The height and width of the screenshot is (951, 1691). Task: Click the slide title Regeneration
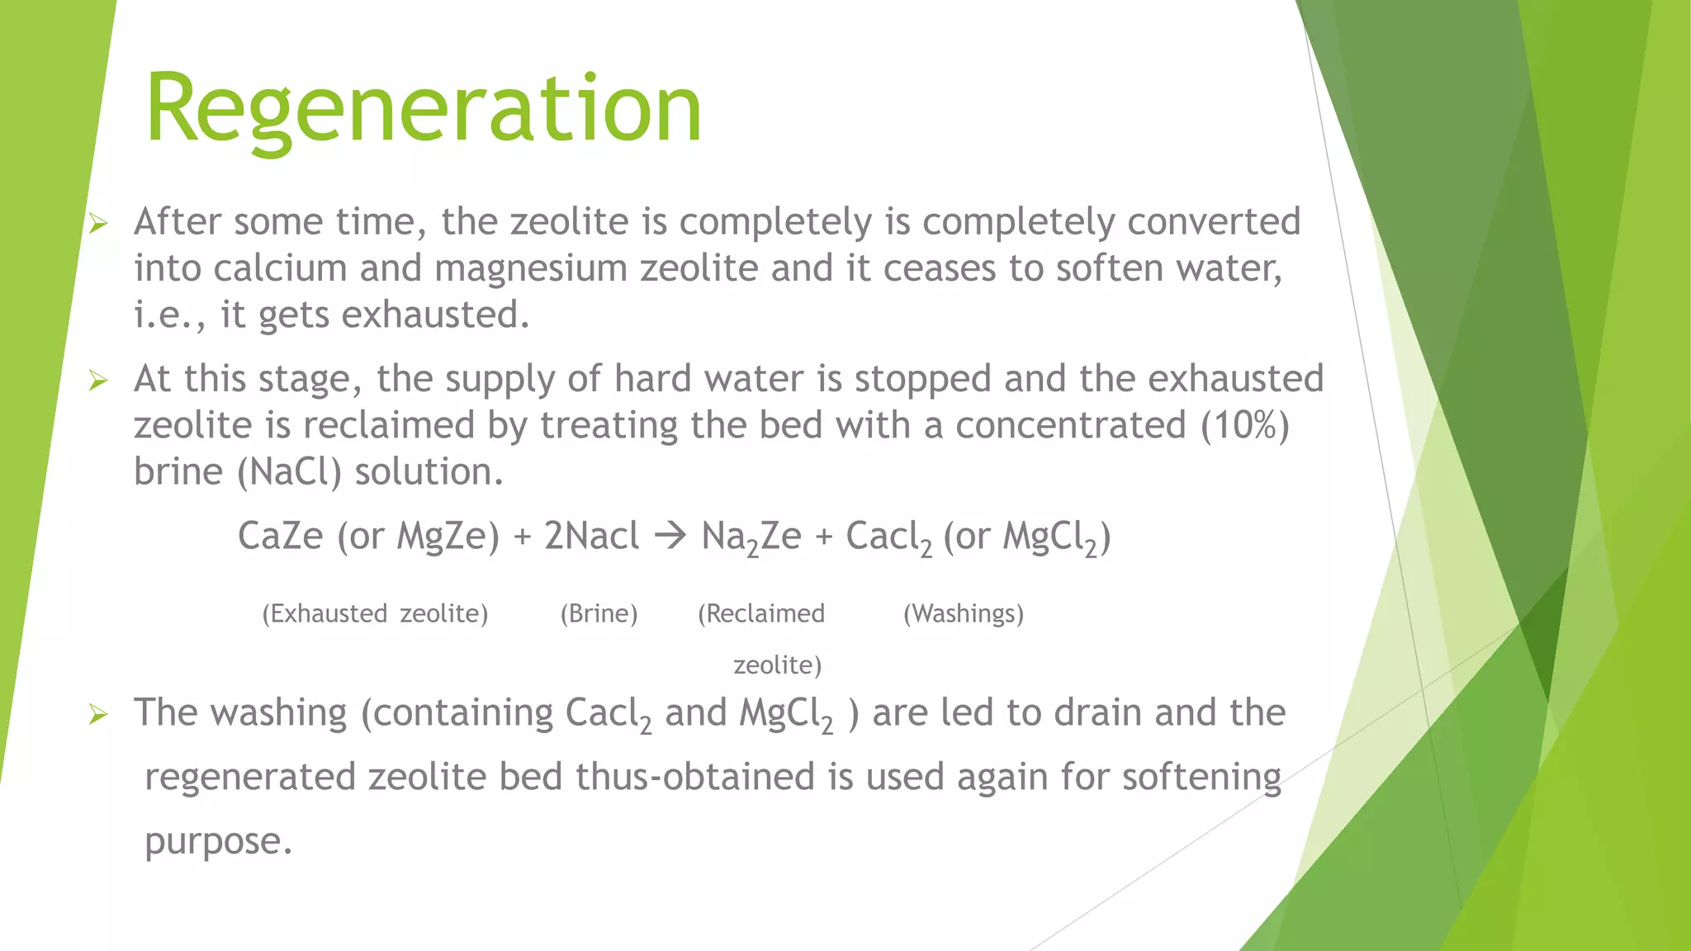click(423, 109)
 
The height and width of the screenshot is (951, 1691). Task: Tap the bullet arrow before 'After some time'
click(98, 223)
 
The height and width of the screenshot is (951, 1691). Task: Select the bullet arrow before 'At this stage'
click(98, 381)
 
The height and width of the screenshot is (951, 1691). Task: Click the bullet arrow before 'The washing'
click(98, 714)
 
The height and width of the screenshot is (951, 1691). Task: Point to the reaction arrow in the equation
click(670, 537)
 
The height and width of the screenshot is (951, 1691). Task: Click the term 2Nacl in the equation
click(591, 537)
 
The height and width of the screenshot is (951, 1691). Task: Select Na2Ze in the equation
click(751, 538)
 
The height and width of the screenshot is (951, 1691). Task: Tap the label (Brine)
click(599, 613)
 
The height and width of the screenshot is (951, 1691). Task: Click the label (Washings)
click(963, 613)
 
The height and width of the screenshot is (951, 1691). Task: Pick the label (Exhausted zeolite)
click(375, 613)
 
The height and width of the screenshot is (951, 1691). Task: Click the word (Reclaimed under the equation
click(760, 613)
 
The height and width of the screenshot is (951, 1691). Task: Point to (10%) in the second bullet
click(1245, 425)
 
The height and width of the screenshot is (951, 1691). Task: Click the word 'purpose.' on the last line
click(219, 842)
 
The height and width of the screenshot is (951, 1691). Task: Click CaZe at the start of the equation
click(280, 537)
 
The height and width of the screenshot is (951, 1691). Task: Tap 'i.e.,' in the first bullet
click(170, 315)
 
